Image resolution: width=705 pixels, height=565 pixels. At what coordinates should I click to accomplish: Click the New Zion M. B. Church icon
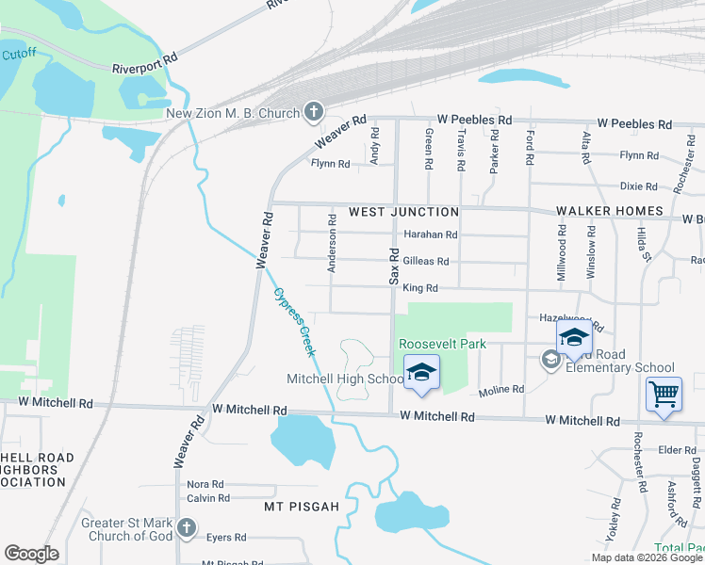tap(313, 113)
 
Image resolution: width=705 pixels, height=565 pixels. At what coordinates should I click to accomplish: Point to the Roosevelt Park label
tap(442, 344)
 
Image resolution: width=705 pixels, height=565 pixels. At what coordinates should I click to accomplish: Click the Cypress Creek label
tap(293, 321)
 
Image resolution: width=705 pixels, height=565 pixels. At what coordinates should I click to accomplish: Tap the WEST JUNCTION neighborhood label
tap(403, 212)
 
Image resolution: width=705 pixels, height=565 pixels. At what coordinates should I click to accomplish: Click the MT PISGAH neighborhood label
tap(300, 507)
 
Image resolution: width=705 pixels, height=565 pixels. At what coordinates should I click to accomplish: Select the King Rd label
tap(420, 287)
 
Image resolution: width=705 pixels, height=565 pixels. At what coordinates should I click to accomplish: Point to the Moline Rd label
tap(500, 389)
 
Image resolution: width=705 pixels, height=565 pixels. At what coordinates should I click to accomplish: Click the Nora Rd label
tap(205, 484)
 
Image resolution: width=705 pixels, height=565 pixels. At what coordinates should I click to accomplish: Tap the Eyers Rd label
tap(226, 538)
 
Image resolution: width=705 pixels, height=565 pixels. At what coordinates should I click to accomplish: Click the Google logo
tap(31, 554)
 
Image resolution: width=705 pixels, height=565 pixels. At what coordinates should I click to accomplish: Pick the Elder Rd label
tap(677, 450)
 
